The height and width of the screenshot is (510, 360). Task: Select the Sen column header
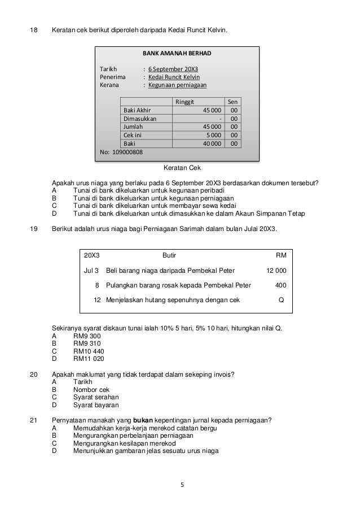[x=232, y=102]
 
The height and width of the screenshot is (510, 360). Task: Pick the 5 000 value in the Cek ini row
[x=213, y=136]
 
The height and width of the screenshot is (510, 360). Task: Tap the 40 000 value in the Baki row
[x=212, y=144]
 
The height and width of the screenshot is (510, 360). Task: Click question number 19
[x=33, y=228]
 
